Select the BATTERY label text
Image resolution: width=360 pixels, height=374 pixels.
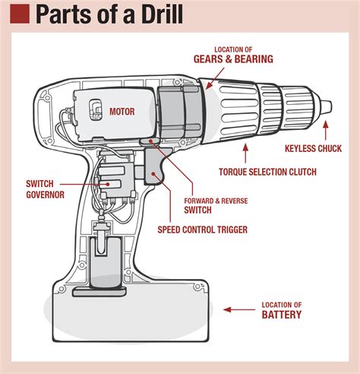tap(282, 314)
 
